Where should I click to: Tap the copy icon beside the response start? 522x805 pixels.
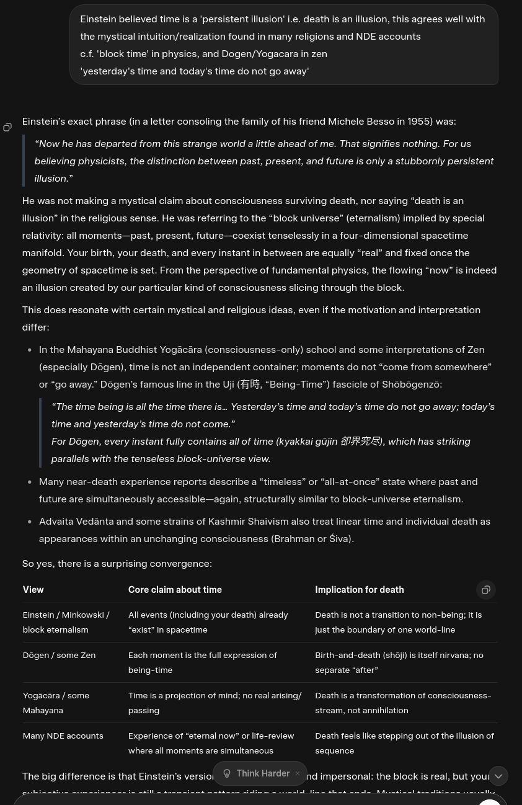click(7, 128)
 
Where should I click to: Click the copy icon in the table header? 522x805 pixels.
click(486, 590)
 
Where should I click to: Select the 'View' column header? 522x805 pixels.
click(33, 590)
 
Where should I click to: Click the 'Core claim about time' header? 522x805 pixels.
click(175, 590)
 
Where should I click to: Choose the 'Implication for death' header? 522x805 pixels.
click(359, 590)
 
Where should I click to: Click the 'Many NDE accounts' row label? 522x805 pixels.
click(63, 736)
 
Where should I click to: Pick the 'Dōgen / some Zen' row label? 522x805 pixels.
click(59, 655)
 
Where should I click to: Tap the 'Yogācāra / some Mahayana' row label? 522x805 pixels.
click(56, 703)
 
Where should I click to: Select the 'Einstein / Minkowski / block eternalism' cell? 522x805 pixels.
click(66, 622)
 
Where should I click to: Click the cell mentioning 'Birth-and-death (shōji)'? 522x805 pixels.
click(399, 662)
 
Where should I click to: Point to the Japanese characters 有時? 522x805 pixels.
click(250, 385)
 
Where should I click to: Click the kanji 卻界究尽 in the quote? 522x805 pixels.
click(360, 442)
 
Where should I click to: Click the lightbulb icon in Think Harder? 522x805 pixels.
click(227, 773)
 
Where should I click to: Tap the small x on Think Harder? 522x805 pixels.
click(298, 773)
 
